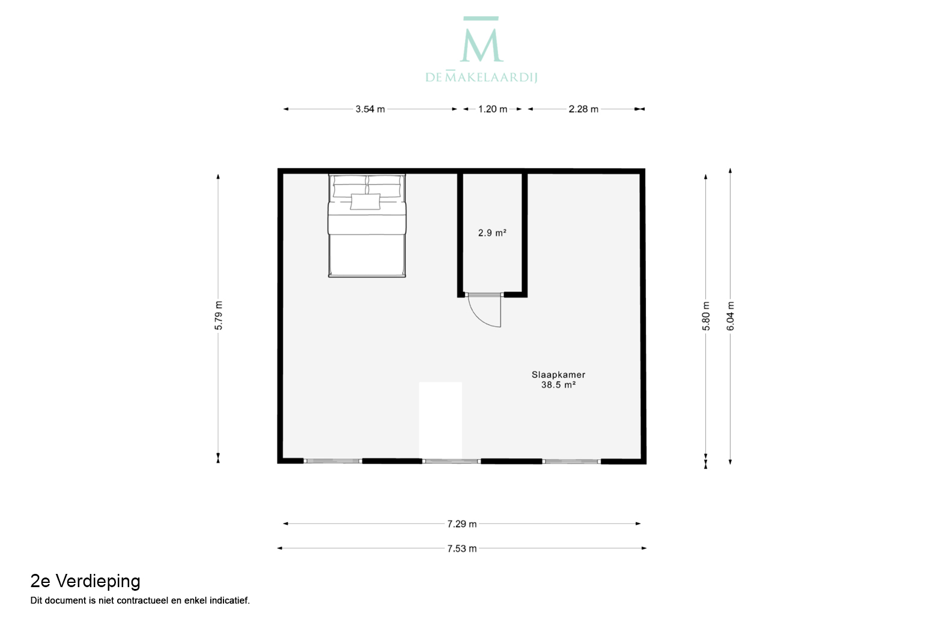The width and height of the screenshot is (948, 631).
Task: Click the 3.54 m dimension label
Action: coord(370,109)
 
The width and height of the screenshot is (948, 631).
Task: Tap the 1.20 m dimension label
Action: coord(493,109)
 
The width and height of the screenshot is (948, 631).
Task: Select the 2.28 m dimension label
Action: coord(583,109)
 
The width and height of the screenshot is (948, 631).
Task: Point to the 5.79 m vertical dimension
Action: coord(219,315)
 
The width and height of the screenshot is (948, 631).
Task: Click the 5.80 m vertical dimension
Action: coord(706,316)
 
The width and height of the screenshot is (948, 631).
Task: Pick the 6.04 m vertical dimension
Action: coord(731,316)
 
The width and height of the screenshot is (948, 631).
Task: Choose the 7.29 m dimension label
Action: coord(462,524)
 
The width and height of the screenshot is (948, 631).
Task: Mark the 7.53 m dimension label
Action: coord(462,549)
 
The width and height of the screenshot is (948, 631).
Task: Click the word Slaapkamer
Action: coord(558,375)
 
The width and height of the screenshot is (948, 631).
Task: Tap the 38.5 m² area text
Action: coord(558,385)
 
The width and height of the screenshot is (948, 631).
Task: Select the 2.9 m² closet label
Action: coord(492,233)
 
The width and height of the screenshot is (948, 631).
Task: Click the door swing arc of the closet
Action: coord(478,319)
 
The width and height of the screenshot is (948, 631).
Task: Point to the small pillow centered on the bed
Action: coord(365,201)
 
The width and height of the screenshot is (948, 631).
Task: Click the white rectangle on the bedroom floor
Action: coord(440,421)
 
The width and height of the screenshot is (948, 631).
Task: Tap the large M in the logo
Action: coord(482,45)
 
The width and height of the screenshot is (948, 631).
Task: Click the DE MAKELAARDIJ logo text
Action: coord(481,78)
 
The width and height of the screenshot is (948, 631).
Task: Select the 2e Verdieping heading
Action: coord(85,582)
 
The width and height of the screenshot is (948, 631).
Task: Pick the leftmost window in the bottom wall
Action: coord(333,461)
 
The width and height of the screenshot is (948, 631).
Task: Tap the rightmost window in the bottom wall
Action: coord(571,462)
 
